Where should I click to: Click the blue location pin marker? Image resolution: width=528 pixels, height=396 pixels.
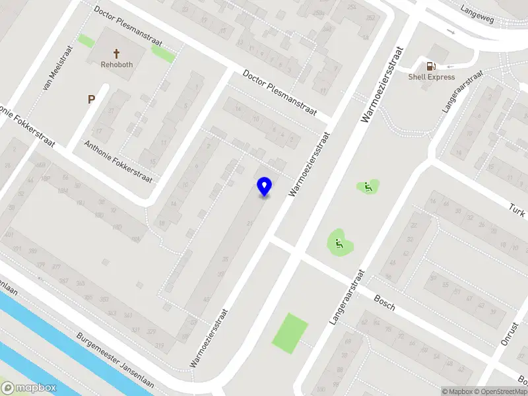coord(265,186)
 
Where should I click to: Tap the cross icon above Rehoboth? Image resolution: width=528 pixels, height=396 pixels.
coord(117,53)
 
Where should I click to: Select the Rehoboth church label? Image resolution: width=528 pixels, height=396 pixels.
coord(117,65)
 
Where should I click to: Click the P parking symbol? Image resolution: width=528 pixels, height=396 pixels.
coord(92,100)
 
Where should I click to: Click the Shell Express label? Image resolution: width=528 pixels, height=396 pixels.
coord(431,77)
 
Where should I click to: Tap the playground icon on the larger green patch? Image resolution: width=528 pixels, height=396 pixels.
coord(339,244)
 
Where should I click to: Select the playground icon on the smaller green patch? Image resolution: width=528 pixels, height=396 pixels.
coord(367,187)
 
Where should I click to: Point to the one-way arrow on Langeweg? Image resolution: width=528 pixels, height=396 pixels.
coord(451,31)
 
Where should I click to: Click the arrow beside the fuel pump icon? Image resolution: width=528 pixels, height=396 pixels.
coord(451,65)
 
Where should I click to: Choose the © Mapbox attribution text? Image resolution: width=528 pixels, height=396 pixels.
coord(457,391)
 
